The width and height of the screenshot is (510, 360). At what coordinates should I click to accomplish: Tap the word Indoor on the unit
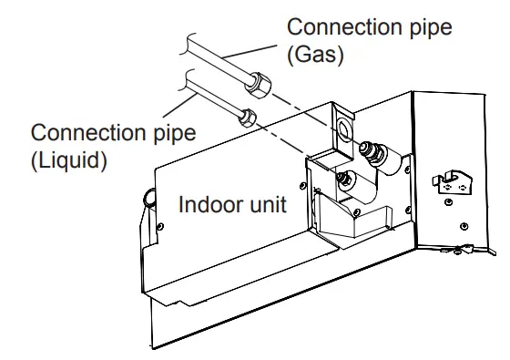(206, 204)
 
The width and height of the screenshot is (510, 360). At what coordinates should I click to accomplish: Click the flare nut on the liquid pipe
(247, 117)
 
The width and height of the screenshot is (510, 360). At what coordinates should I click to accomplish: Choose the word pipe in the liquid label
(172, 134)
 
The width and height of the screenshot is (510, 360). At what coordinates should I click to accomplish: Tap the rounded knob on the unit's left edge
(147, 196)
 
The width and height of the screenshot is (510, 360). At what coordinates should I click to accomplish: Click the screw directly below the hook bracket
(463, 224)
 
